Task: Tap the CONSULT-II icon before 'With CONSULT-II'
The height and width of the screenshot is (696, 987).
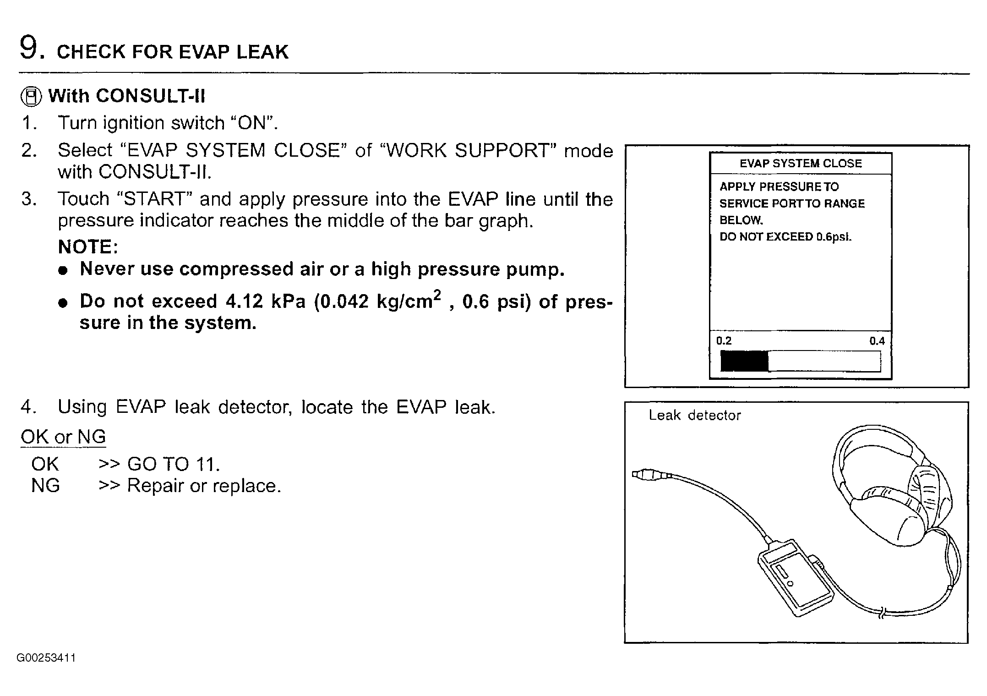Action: pyautogui.click(x=31, y=97)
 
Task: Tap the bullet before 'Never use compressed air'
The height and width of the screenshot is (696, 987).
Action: pyautogui.click(x=63, y=270)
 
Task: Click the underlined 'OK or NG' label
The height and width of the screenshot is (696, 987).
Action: pyautogui.click(x=63, y=437)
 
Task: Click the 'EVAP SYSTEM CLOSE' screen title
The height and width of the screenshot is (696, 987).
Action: pyautogui.click(x=801, y=164)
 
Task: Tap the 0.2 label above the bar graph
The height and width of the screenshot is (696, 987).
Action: pyautogui.click(x=724, y=341)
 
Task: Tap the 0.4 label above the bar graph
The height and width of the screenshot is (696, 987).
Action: pyautogui.click(x=877, y=341)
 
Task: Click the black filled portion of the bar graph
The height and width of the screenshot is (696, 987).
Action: pyautogui.click(x=744, y=361)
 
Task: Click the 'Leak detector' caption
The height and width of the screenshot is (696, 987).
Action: pyautogui.click(x=694, y=416)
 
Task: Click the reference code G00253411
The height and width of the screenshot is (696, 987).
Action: pyautogui.click(x=46, y=658)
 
